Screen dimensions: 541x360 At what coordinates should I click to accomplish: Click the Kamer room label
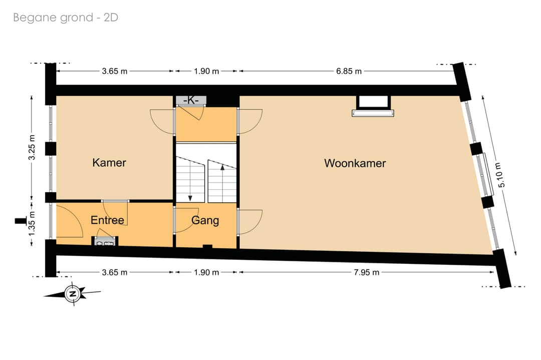coord(109,162)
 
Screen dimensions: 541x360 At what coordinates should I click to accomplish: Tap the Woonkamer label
coord(355,163)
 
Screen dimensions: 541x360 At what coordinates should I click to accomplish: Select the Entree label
coord(107,220)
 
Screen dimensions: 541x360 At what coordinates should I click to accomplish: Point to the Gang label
coord(205,220)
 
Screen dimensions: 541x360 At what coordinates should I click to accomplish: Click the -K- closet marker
coord(191,100)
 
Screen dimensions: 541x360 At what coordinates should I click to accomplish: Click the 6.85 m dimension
coord(349,71)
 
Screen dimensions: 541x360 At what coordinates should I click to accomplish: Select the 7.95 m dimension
coord(366,272)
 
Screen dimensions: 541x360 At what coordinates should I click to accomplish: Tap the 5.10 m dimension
coord(501,175)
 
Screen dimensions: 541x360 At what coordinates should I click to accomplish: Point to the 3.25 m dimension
coord(32,147)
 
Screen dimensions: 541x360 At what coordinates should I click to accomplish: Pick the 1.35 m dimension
coord(32,224)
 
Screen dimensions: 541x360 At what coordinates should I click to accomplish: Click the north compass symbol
coord(73,294)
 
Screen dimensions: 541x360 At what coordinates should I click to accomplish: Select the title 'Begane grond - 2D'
coord(66,17)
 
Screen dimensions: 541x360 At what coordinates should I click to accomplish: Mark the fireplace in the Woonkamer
coord(373,106)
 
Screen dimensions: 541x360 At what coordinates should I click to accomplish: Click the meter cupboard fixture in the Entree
coord(105,241)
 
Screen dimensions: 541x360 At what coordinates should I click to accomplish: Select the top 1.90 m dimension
coord(206,71)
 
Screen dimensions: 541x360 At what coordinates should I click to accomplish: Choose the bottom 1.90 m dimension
coord(206,272)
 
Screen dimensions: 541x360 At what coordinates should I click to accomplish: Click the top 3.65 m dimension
coord(115,71)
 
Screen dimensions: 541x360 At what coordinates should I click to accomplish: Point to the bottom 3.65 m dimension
coord(115,272)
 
